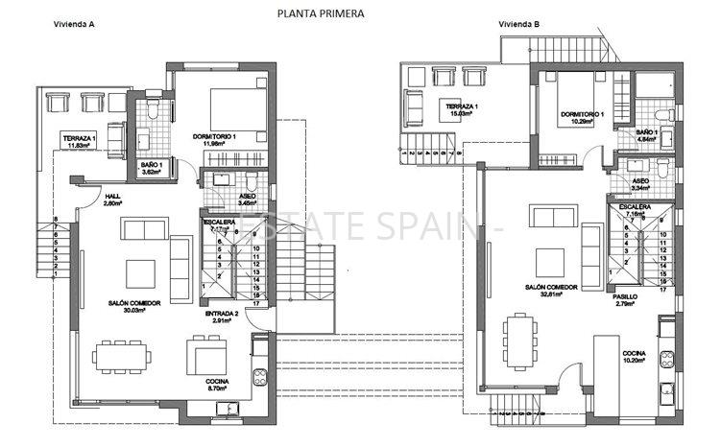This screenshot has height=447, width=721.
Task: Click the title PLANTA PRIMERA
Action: [x=320, y=13]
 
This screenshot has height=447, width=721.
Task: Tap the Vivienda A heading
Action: [x=73, y=26]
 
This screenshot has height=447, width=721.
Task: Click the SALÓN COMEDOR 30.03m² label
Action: [x=134, y=305]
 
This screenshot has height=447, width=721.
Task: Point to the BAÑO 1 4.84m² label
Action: [x=646, y=134]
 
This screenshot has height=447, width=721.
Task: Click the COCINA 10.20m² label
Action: [x=633, y=359]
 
